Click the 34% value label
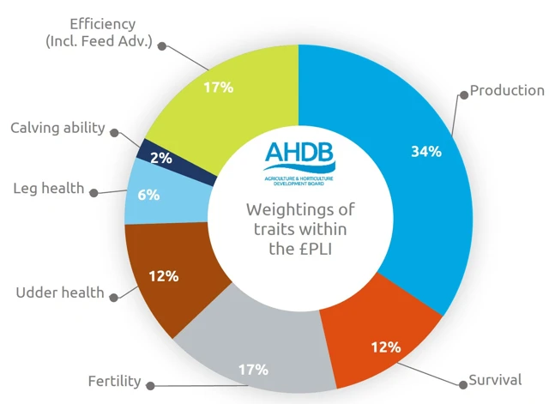pyautogui.click(x=426, y=152)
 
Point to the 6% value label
pyautogui.click(x=148, y=195)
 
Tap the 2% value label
pyautogui.click(x=161, y=158)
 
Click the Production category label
pyautogui.click(x=507, y=90)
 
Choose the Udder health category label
pyautogui.click(x=60, y=292)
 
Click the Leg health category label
pyautogui.click(x=50, y=188)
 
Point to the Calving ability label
pyautogui.click(x=57, y=128)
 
